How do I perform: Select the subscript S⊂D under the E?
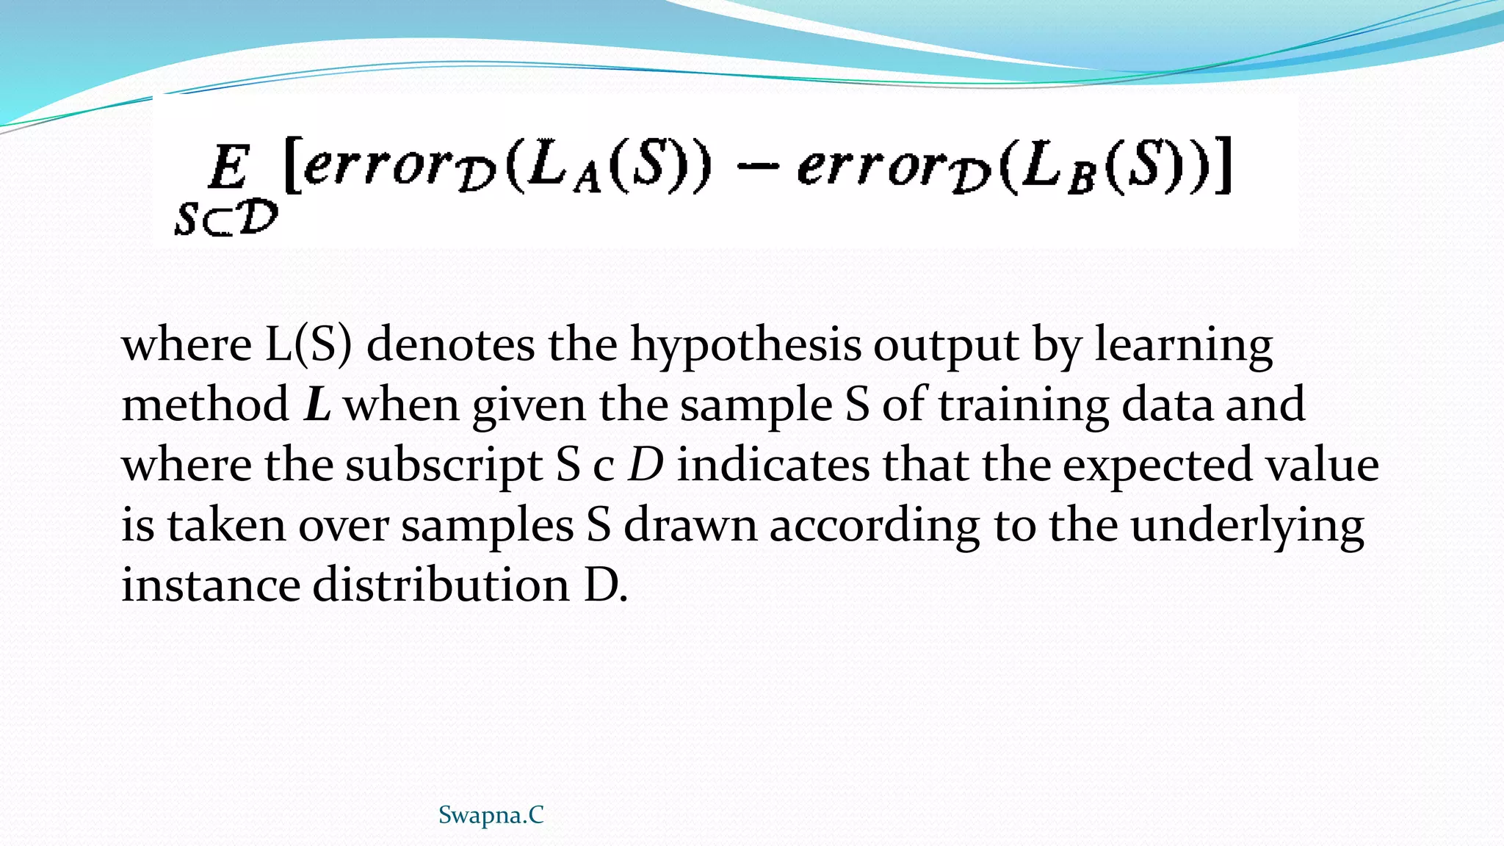click(226, 219)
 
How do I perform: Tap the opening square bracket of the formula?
click(292, 167)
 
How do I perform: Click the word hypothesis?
click(745, 346)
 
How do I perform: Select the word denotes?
click(450, 344)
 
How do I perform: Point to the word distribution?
click(441, 585)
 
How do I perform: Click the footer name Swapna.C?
click(491, 815)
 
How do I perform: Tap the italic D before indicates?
click(646, 465)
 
